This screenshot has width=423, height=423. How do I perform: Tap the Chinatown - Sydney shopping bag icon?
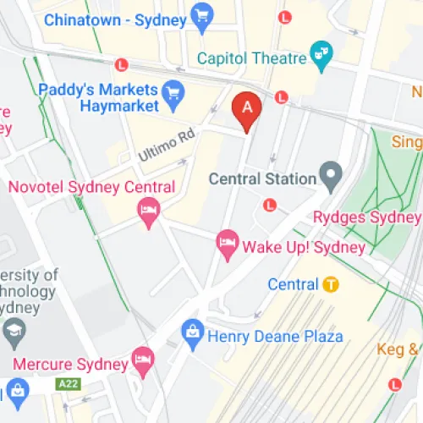pyautogui.click(x=201, y=17)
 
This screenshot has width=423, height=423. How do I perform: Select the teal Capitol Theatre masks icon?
pyautogui.click(x=321, y=52)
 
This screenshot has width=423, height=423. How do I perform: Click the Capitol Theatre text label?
pyautogui.click(x=251, y=58)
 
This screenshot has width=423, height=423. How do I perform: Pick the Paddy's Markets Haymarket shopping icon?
pyautogui.click(x=173, y=91)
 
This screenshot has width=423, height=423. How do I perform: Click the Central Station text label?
pyautogui.click(x=262, y=179)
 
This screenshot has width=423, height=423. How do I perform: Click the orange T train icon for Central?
pyautogui.click(x=331, y=284)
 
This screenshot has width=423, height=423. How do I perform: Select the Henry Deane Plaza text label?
pyautogui.click(x=275, y=336)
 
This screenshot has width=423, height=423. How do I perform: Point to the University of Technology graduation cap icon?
pyautogui.click(x=14, y=332)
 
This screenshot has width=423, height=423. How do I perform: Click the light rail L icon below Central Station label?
pyautogui.click(x=270, y=205)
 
